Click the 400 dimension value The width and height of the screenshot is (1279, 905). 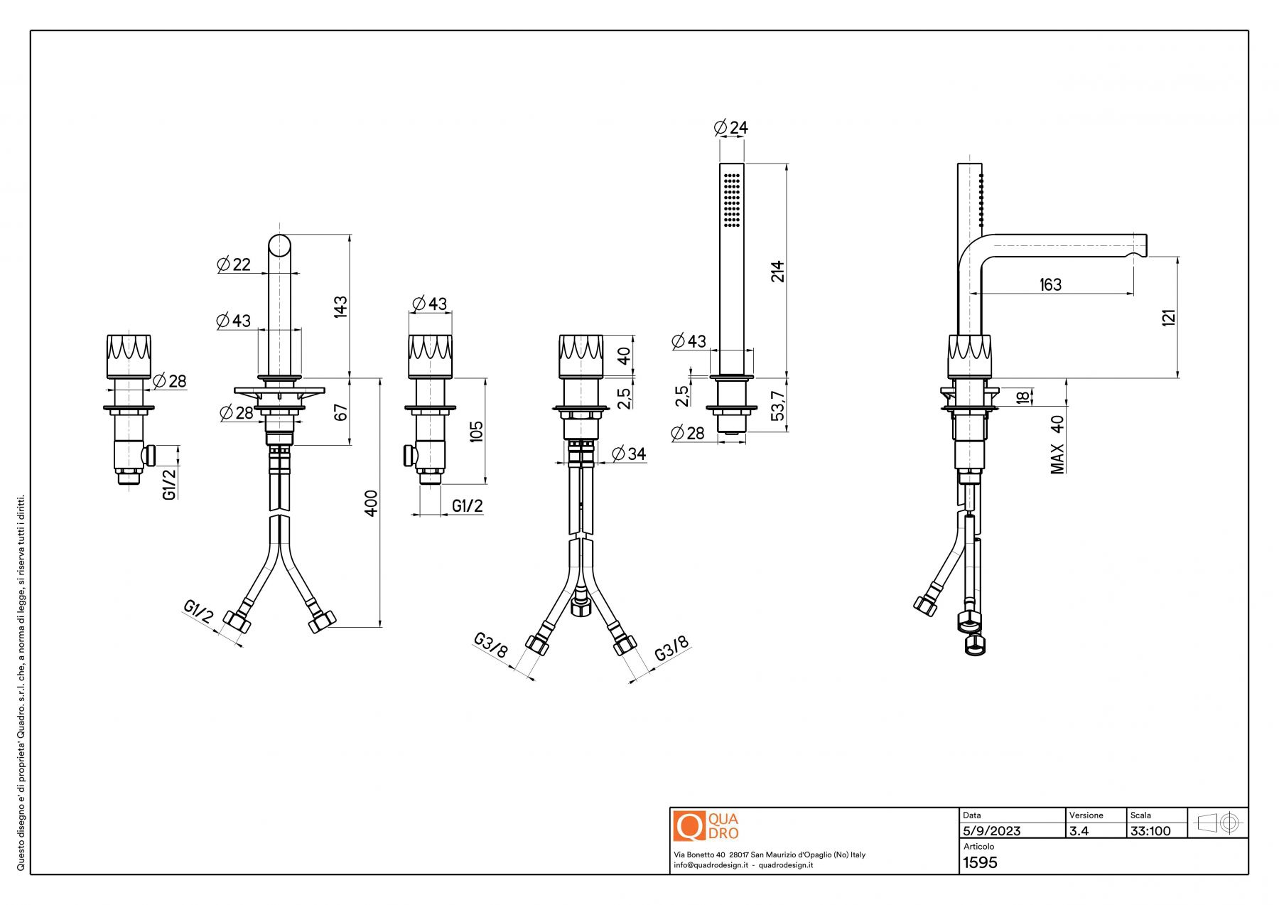coord(371,503)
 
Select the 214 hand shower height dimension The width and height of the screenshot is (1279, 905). coord(778,271)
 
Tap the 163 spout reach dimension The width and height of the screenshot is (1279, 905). coord(1050,284)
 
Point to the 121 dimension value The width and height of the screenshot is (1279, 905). coord(1169,317)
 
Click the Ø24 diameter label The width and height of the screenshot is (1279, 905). coord(730,128)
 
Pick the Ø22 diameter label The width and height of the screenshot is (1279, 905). coord(234,264)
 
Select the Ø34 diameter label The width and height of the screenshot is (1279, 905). coord(628,454)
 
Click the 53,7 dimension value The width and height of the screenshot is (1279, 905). coord(778,405)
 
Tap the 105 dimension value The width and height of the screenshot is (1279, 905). coord(476,431)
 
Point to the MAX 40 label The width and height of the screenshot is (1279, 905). coord(1057,444)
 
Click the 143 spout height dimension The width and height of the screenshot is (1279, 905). coord(340,306)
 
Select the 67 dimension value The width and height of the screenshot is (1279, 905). coord(340,412)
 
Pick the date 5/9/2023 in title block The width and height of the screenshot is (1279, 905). coord(991,831)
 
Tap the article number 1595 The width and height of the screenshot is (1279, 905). coord(980,862)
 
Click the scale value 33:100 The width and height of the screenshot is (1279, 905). coord(1150,831)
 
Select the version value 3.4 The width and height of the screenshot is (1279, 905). coord(1079,831)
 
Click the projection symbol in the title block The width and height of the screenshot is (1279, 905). coord(1218,823)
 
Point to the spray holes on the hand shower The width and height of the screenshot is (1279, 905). coord(732,200)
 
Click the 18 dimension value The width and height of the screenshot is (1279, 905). coord(1022,397)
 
